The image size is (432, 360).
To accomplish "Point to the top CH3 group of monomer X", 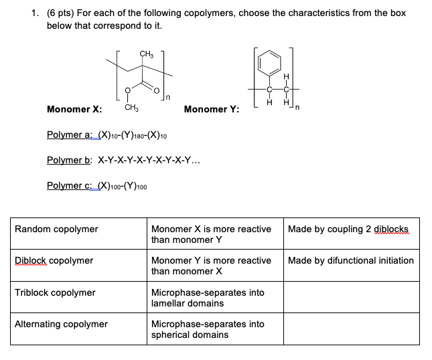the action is click(x=147, y=54).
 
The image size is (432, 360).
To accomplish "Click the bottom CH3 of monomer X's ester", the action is click(x=131, y=107).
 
